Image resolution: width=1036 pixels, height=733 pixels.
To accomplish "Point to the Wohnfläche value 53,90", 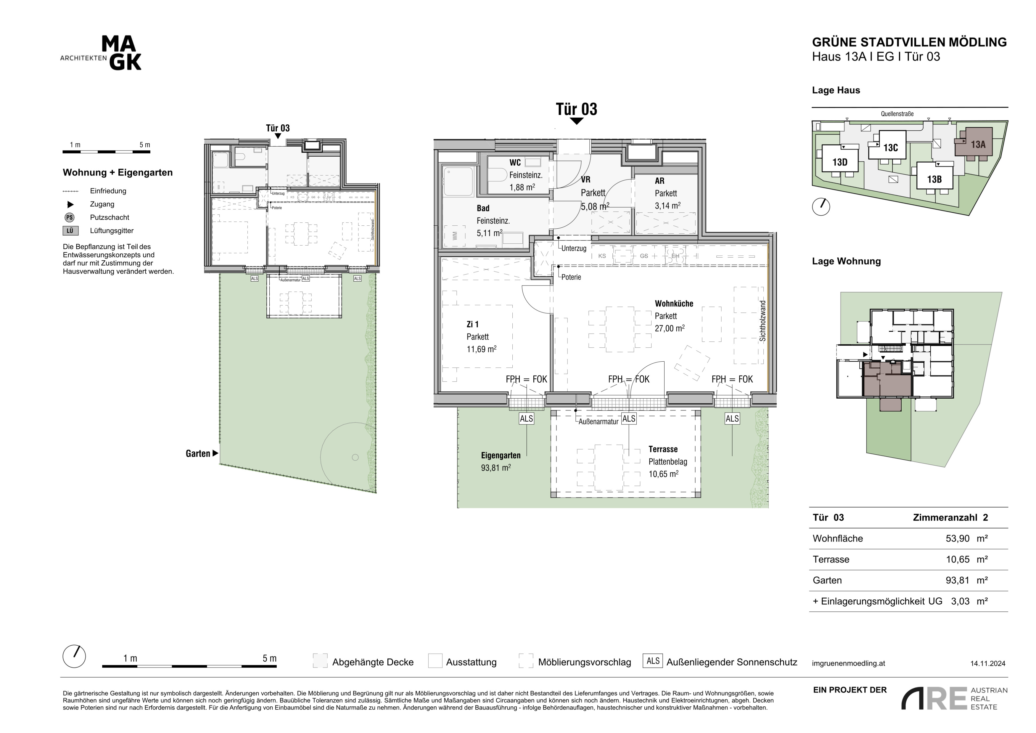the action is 958,538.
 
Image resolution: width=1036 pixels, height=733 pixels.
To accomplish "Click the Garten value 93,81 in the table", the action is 958,580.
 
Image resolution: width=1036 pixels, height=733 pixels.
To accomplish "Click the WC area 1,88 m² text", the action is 522,187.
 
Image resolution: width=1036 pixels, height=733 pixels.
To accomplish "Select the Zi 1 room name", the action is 472,324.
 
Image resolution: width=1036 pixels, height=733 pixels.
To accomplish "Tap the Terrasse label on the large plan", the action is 663,449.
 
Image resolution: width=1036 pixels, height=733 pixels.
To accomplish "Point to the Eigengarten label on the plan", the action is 501,455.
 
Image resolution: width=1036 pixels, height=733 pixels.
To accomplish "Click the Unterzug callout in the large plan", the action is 574,248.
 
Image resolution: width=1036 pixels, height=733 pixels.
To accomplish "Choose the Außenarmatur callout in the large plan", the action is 598,421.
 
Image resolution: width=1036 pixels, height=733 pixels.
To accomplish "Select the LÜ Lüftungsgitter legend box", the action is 70,231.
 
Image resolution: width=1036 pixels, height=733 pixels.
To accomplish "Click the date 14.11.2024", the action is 988,663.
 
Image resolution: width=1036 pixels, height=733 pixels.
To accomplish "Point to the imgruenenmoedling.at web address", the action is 848,663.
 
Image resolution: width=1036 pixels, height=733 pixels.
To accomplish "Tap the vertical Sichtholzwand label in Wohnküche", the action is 762,320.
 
